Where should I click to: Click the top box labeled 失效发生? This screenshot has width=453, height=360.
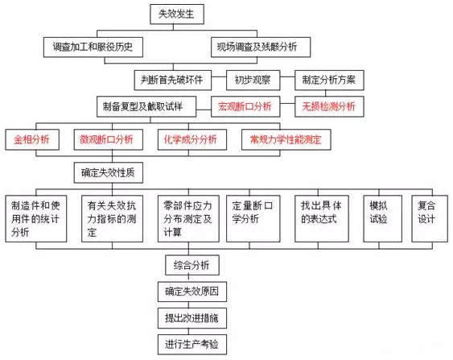(x=177, y=14)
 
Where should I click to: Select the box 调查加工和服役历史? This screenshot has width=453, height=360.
(x=93, y=48)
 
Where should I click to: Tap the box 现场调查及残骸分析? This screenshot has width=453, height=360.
(x=261, y=48)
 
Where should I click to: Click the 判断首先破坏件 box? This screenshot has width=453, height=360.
(x=172, y=80)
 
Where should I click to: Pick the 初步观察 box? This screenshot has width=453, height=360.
(x=253, y=80)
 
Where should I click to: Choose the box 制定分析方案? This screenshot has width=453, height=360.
(x=329, y=80)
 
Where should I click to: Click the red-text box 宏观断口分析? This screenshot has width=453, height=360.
(x=245, y=106)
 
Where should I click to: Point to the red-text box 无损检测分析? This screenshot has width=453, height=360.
(x=329, y=106)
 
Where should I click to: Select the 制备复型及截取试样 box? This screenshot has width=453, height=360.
(x=146, y=106)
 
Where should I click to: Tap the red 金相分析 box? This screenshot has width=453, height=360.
(x=32, y=139)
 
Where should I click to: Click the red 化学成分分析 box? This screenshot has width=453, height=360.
(x=192, y=139)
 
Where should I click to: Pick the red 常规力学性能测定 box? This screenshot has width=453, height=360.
(x=286, y=139)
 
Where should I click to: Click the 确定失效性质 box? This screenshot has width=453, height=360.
(x=109, y=172)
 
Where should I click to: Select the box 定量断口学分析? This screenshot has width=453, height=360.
(x=253, y=218)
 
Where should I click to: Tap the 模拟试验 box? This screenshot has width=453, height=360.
(x=382, y=218)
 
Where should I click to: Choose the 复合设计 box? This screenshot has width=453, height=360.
(x=430, y=218)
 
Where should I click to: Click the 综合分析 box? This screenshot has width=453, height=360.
(x=192, y=265)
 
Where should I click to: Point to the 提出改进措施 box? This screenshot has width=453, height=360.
(x=192, y=318)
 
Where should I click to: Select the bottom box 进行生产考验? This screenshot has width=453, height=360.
(x=192, y=345)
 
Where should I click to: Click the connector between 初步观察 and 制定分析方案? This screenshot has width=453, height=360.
(x=287, y=77)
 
